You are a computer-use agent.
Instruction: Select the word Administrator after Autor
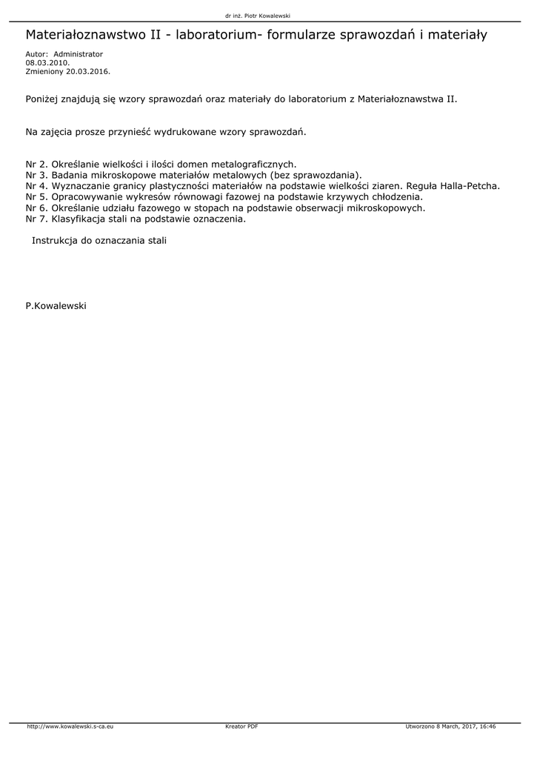pyautogui.click(x=79, y=54)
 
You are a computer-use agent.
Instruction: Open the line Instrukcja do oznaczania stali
pyautogui.click(x=99, y=242)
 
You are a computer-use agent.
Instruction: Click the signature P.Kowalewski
pyautogui.click(x=56, y=305)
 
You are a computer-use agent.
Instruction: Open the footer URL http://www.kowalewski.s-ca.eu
pyautogui.click(x=70, y=727)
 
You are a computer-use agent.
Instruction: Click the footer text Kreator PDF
pyautogui.click(x=241, y=727)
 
